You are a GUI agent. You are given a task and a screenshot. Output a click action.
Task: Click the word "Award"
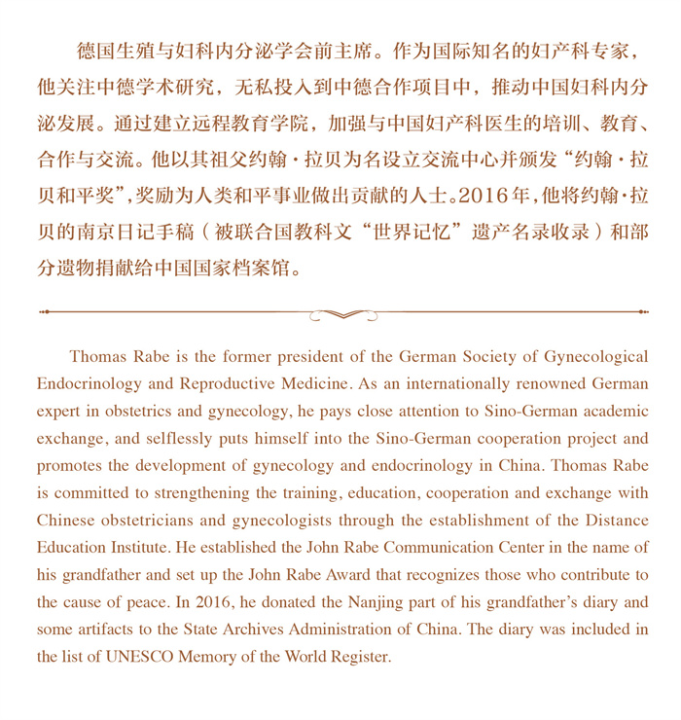(331, 575)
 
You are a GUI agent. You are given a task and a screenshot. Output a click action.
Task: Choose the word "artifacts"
(113, 630)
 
